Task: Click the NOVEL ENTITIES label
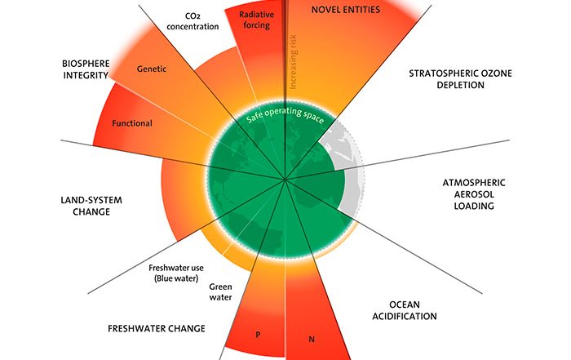[352, 10]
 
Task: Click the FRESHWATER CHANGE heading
[157, 329]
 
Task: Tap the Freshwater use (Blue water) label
[181, 273]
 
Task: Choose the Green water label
[221, 291]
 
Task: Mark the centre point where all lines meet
[285, 179]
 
